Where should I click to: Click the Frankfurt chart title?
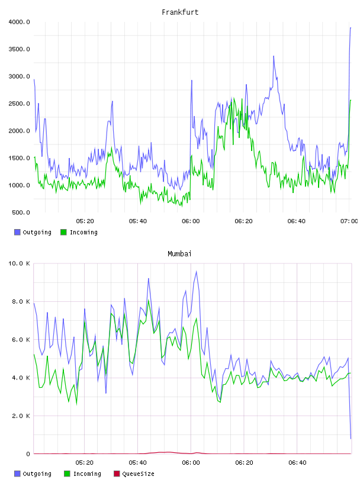[180, 12]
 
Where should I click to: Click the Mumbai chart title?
[179, 253]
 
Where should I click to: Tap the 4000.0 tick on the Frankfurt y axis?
[19, 22]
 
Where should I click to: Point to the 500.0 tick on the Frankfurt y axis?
[21, 212]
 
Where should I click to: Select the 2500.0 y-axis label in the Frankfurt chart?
[19, 104]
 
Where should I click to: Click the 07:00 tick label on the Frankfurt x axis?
[349, 221]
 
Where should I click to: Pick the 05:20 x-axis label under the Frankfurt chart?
[85, 221]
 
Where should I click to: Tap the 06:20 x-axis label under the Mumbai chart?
[244, 463]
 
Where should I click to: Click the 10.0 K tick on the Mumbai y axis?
[19, 263]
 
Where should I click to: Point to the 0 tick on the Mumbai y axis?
[28, 454]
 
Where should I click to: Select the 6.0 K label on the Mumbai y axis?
[21, 340]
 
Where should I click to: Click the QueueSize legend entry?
[134, 474]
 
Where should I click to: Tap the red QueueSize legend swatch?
[117, 474]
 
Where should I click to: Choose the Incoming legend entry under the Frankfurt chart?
[79, 232]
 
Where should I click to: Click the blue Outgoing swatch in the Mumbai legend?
[17, 474]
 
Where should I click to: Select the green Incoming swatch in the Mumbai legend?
[67, 474]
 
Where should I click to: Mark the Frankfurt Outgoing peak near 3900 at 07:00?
[351, 28]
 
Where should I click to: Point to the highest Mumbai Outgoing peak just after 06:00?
[197, 271]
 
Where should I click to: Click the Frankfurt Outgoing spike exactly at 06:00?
[192, 80]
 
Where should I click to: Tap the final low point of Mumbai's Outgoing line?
[351, 439]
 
